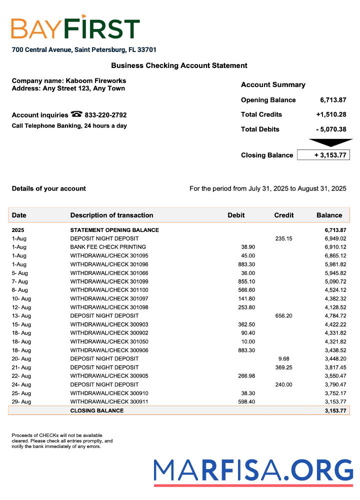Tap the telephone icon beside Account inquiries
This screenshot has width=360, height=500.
click(x=76, y=114)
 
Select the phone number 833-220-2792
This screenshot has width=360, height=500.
click(x=105, y=115)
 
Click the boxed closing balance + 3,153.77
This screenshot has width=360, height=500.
click(x=323, y=155)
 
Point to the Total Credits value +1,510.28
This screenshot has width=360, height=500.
click(x=331, y=114)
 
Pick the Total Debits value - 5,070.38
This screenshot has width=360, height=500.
click(x=331, y=129)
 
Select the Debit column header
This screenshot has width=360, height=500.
click(x=236, y=215)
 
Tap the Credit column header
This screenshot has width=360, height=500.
click(x=283, y=215)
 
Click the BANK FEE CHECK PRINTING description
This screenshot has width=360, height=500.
click(x=108, y=247)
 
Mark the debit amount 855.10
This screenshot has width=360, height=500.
click(x=245, y=281)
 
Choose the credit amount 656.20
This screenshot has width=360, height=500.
click(x=283, y=316)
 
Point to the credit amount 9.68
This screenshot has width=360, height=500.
click(x=283, y=358)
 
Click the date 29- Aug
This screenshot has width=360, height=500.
click(x=21, y=402)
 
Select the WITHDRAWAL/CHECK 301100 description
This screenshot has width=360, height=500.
click(x=109, y=290)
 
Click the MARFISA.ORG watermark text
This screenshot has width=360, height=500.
click(x=253, y=471)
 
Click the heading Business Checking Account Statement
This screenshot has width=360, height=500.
click(x=179, y=65)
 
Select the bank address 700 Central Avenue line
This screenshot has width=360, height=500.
click(x=84, y=50)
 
